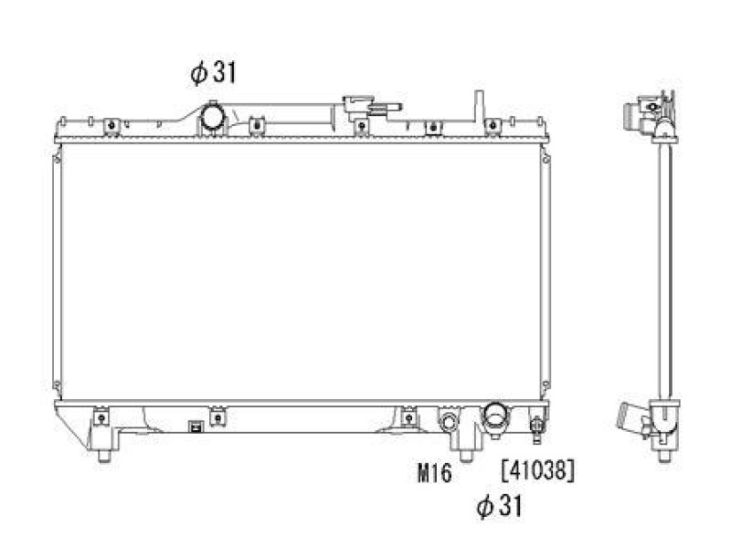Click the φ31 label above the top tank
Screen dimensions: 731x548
213,73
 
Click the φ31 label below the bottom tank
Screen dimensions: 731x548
499,506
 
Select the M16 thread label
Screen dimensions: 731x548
435,473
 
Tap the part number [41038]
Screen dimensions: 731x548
538,470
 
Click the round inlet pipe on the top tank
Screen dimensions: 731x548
213,117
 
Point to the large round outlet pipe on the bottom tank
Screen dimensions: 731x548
496,415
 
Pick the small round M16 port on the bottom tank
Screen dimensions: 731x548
449,422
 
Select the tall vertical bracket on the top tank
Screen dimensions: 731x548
478,107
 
